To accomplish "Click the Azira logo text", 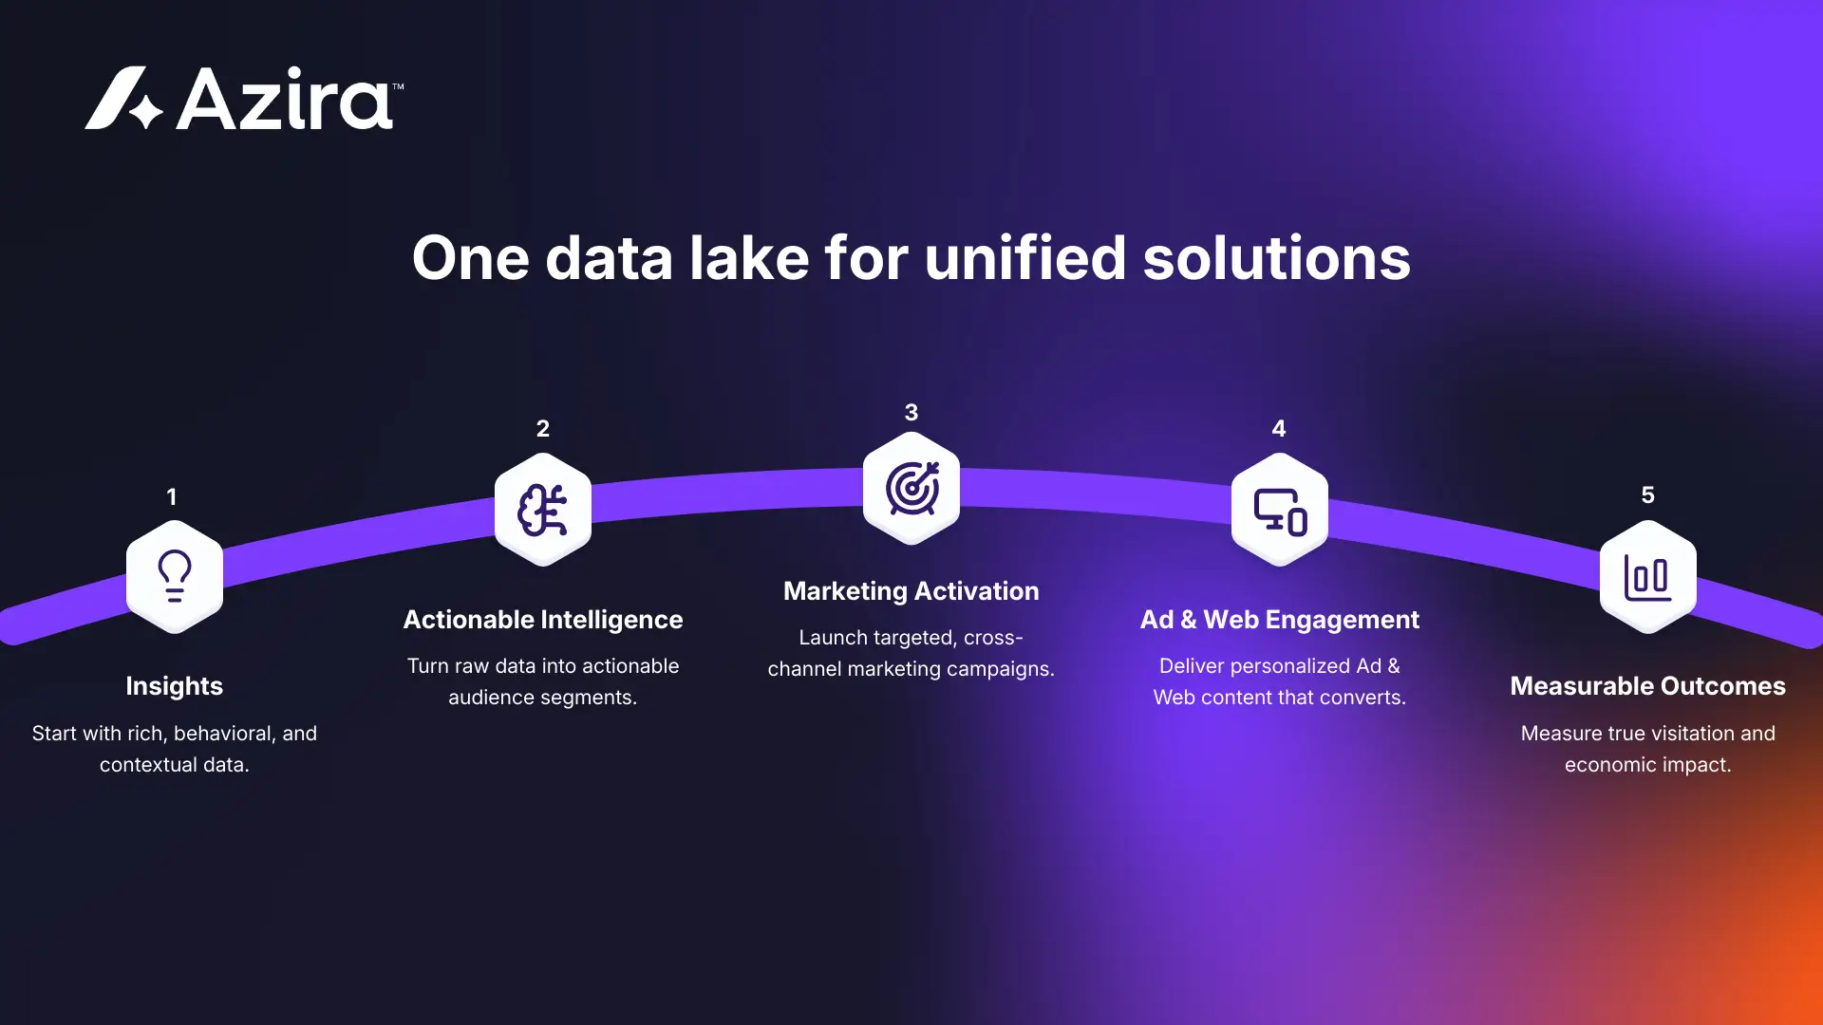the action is point(284,99).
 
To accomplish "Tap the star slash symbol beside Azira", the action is point(123,99).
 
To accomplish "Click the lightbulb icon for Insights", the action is point(175,576).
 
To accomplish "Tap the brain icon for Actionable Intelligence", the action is point(543,510).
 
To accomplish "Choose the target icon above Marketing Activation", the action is point(911,489).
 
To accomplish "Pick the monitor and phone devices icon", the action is point(1280,511).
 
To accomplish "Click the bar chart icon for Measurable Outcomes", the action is point(1648,576).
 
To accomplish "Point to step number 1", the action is point(172,496).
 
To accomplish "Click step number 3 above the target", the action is point(911,412).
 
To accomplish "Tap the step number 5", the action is point(1648,494).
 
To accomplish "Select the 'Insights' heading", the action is point(175,686).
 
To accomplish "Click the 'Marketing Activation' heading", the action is point(911,591).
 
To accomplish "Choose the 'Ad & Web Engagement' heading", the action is point(1280,620).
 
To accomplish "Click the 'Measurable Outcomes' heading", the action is point(1648,686).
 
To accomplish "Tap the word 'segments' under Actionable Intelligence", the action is point(592,698).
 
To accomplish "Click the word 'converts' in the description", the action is point(1363,698).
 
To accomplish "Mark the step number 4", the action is point(1279,428).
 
